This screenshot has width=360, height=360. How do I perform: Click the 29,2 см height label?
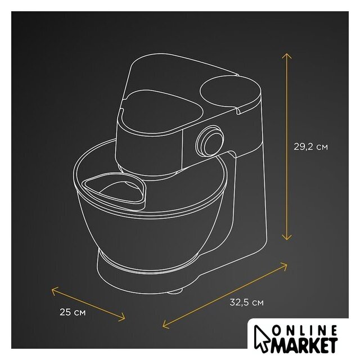point(310,146)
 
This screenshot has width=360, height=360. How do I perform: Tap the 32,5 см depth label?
point(246,303)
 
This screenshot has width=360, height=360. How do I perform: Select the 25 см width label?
point(73,312)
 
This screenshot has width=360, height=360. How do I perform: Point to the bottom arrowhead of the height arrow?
point(286,237)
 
